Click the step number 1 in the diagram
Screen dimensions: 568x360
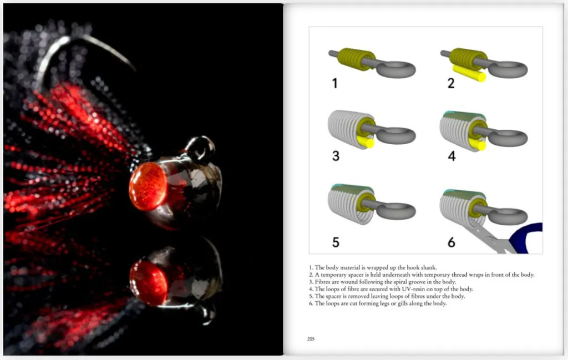click(x=334, y=83)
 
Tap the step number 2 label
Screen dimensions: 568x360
click(x=451, y=83)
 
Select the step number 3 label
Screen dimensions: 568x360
click(x=336, y=156)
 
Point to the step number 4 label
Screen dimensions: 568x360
click(x=452, y=156)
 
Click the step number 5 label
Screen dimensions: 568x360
click(x=336, y=242)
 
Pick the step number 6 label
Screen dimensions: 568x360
click(x=452, y=242)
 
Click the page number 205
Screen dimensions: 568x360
click(x=311, y=339)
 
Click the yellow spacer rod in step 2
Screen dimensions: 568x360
click(x=469, y=74)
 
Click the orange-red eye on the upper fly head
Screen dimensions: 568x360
click(x=148, y=186)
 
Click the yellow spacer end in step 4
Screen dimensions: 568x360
click(x=481, y=145)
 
